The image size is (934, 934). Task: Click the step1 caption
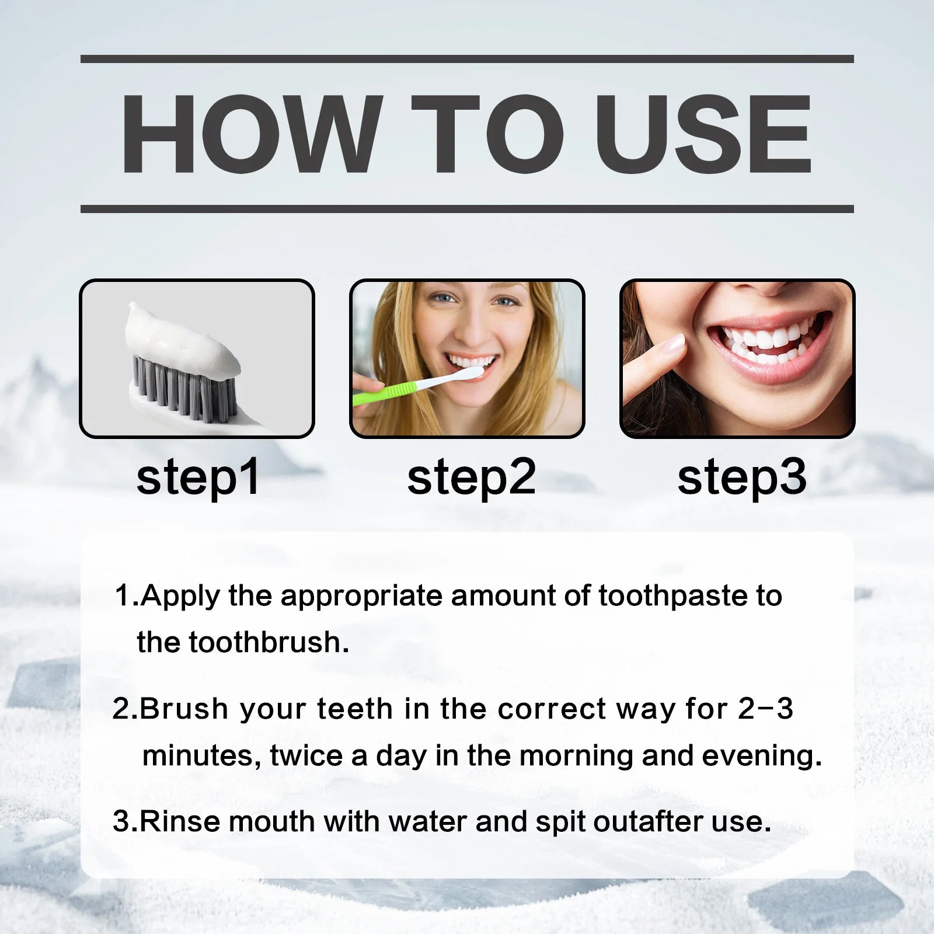[198, 478]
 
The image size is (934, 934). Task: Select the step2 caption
[471, 478]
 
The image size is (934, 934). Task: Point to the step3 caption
[742, 478]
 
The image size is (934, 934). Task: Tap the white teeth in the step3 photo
[765, 341]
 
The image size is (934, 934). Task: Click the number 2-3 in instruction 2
[765, 709]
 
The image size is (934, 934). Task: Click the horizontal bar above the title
[467, 59]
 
